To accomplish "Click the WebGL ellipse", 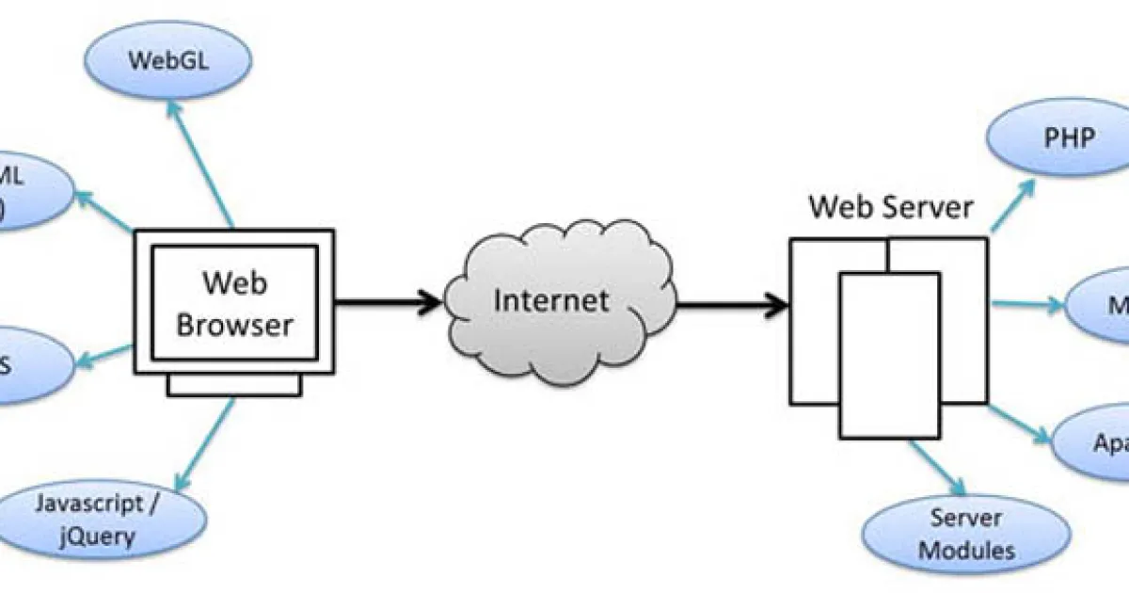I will pyautogui.click(x=169, y=61).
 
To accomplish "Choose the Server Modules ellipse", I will pyautogui.click(x=965, y=533).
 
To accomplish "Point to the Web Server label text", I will pyautogui.click(x=891, y=206).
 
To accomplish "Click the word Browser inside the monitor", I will pyautogui.click(x=235, y=325).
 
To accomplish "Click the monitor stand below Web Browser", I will pyautogui.click(x=234, y=384).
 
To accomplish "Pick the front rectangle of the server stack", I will pyautogui.click(x=889, y=356).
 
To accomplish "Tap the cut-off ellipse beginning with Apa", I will pyautogui.click(x=1096, y=442).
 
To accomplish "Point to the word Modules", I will pyautogui.click(x=966, y=550).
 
